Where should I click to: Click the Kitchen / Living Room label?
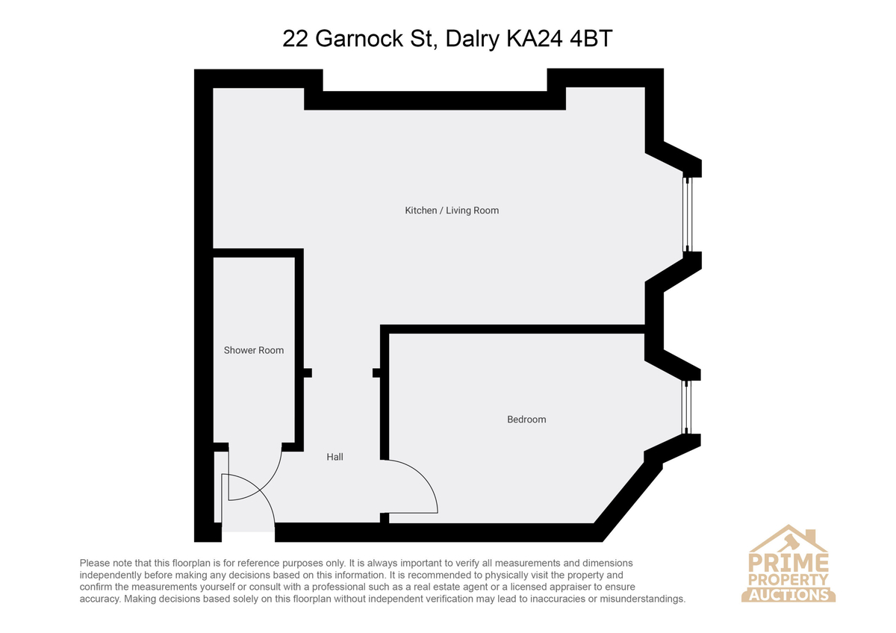point(452,211)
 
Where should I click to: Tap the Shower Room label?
point(254,350)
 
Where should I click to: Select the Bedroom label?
point(526,420)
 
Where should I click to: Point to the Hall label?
point(335,457)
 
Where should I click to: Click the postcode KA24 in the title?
point(535,39)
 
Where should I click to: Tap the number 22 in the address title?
point(295,39)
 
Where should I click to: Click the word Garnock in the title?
point(359,39)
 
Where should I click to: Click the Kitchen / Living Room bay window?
point(687,214)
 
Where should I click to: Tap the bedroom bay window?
point(686,407)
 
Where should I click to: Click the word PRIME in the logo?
point(788,563)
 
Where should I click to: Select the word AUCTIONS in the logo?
point(788,595)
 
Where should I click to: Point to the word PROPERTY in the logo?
point(788,580)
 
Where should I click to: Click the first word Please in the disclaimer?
point(95,563)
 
